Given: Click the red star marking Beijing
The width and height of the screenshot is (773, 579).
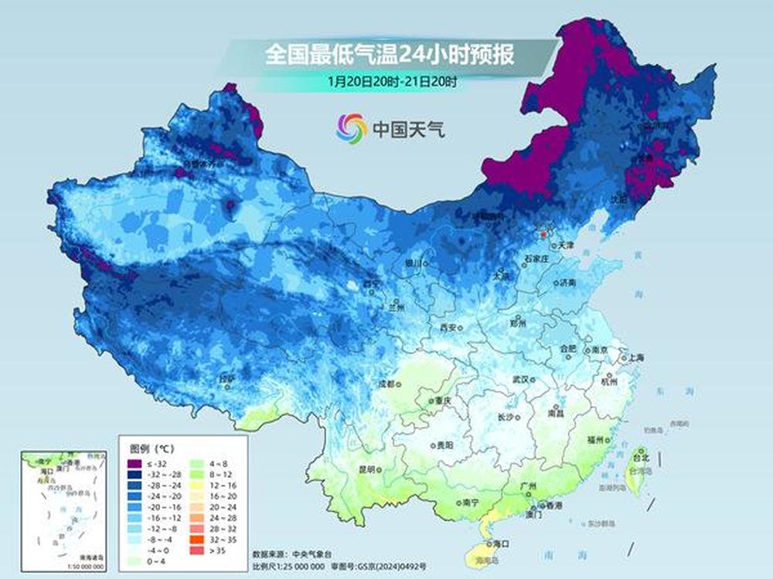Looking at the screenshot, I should coord(544,232).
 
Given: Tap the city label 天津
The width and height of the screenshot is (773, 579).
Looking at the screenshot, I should coord(567,245).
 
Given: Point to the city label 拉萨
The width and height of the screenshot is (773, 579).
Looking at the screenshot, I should coord(226,379).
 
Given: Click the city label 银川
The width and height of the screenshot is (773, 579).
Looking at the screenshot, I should coord(415,263).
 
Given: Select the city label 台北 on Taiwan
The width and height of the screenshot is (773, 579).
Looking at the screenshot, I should coord(642,459).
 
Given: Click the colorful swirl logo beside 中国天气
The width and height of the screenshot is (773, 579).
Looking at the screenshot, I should coord(351,128).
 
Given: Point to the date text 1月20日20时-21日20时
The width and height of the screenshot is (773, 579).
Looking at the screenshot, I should coord(381,81).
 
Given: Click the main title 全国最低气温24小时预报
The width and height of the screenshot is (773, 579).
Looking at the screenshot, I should coord(390,56).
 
